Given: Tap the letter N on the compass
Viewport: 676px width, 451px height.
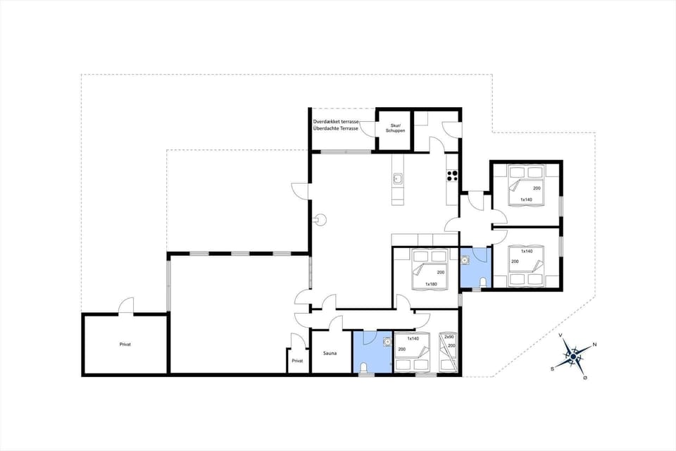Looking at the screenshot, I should pyautogui.click(x=595, y=344).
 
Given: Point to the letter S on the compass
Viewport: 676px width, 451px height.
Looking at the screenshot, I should pyautogui.click(x=552, y=368).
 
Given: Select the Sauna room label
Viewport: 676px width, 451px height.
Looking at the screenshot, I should pyautogui.click(x=330, y=353).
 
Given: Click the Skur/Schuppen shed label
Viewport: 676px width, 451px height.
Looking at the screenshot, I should pyautogui.click(x=394, y=128).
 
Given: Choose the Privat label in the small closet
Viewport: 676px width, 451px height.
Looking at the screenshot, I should pyautogui.click(x=297, y=361).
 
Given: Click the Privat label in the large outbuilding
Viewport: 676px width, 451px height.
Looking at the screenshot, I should pyautogui.click(x=125, y=345).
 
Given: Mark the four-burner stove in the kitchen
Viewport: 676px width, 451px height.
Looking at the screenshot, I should pyautogui.click(x=452, y=176).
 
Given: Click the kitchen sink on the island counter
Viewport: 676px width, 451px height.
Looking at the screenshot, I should pyautogui.click(x=398, y=179).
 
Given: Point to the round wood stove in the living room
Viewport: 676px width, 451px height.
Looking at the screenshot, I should pyautogui.click(x=322, y=219).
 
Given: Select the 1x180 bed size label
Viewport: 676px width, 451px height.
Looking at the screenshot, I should pyautogui.click(x=432, y=284).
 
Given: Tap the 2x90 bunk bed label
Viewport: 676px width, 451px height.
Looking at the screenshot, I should pyautogui.click(x=449, y=337).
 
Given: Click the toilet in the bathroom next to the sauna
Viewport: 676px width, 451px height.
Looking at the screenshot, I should pyautogui.click(x=362, y=367).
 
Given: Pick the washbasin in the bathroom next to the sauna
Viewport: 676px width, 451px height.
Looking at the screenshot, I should pyautogui.click(x=386, y=342).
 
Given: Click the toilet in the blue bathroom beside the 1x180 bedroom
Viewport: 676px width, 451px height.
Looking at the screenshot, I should pyautogui.click(x=482, y=283).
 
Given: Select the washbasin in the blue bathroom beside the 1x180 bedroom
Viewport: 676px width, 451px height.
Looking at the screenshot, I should pyautogui.click(x=465, y=260).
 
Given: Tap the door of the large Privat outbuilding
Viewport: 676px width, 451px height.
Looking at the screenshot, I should pyautogui.click(x=125, y=307).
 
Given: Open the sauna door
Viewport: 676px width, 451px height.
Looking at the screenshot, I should pyautogui.click(x=335, y=323).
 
